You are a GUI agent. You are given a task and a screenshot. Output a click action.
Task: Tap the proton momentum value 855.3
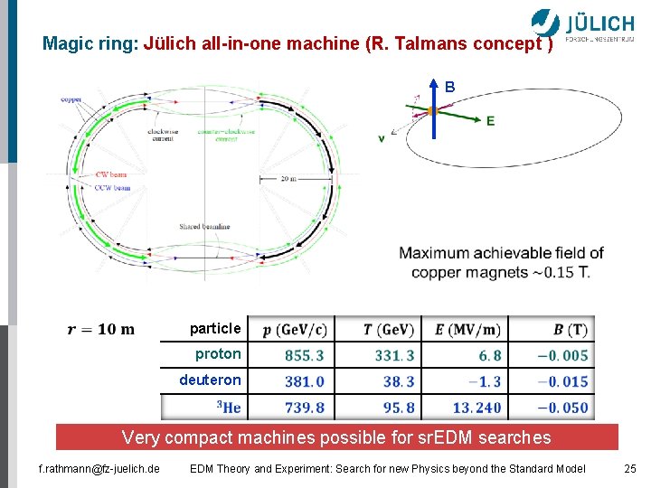click(304, 356)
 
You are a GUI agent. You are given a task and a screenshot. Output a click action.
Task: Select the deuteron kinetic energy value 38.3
click(398, 382)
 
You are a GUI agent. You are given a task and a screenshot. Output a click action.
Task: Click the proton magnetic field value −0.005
click(562, 356)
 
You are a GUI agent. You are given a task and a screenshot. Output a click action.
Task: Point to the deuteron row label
click(210, 380)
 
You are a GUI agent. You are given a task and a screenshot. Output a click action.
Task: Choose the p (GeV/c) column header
click(295, 330)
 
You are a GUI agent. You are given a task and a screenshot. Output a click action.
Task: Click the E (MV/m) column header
click(467, 330)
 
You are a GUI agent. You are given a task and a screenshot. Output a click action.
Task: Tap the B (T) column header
click(570, 330)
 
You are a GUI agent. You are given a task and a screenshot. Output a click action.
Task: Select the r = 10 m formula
click(101, 329)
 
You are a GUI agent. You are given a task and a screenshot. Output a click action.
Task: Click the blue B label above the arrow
click(449, 88)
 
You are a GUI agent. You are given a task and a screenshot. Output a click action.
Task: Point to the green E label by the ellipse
click(490, 120)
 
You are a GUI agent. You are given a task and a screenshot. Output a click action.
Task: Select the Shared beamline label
click(203, 227)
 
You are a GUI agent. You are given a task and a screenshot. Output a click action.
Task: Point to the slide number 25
click(630, 468)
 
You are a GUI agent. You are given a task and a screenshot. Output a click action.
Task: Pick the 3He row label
click(229, 408)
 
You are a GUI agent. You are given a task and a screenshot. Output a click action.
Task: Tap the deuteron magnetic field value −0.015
click(562, 382)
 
